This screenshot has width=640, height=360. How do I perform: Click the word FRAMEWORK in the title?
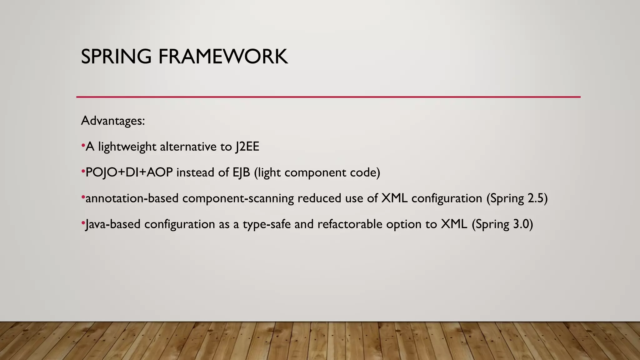tap(223, 57)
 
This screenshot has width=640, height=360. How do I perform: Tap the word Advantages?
tap(112, 121)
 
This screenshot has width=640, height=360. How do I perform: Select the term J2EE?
tap(247, 147)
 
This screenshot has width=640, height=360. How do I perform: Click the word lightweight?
tap(127, 147)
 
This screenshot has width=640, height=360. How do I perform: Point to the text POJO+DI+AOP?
tap(129, 172)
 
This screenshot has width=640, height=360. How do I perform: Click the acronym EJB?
tap(241, 172)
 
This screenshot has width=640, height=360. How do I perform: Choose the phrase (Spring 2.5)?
tap(517, 199)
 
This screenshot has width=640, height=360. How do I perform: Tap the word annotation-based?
tap(132, 198)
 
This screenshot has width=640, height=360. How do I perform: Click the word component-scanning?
tap(238, 199)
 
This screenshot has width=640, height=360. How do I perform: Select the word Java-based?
tap(113, 224)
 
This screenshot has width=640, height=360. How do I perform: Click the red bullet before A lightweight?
tap(83, 145)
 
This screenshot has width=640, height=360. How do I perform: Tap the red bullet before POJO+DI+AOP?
tap(83, 171)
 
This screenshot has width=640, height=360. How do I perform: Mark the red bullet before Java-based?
tap(83, 223)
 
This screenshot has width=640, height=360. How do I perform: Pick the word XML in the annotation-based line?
tap(394, 198)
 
